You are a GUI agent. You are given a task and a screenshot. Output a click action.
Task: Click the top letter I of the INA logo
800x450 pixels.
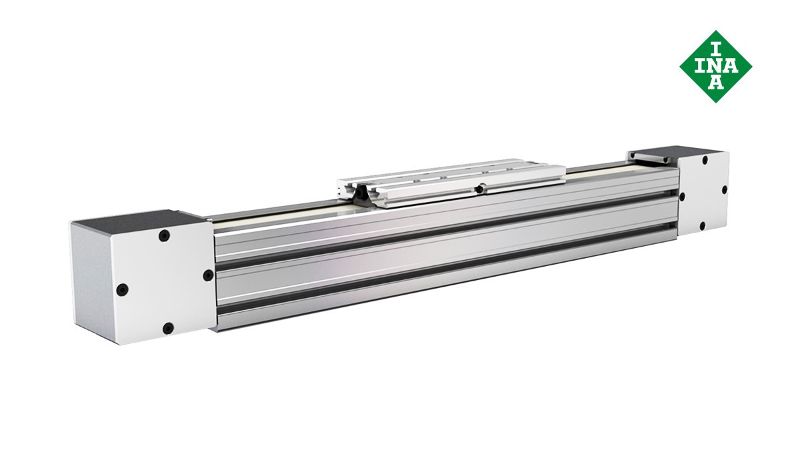click(x=716, y=49)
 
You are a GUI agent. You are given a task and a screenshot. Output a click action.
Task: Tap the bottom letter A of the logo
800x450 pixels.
click(x=716, y=83)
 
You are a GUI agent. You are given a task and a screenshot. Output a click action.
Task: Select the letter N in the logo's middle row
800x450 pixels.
click(x=716, y=66)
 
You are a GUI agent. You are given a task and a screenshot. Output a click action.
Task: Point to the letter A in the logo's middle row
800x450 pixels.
click(x=731, y=66)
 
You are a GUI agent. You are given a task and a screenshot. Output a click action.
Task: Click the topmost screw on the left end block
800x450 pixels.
click(x=164, y=236)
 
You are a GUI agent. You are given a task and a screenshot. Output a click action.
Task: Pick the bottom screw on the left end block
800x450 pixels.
click(x=168, y=328)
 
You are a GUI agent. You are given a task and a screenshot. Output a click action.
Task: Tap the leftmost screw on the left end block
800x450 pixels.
click(x=123, y=289)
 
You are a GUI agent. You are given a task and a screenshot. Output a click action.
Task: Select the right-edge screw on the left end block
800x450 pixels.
click(x=208, y=275)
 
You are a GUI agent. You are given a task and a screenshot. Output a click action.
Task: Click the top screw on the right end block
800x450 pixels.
click(x=705, y=160)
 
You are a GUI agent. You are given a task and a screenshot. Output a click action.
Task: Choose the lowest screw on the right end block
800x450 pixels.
click(x=702, y=226)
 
